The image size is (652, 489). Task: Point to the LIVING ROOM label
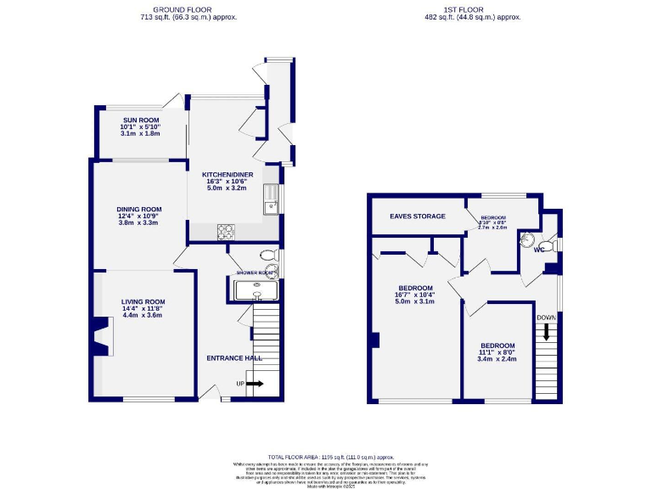tap(143, 301)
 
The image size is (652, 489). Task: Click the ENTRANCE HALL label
tap(231, 358)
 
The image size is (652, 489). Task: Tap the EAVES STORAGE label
tap(418, 216)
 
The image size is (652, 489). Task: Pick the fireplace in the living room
tap(100, 336)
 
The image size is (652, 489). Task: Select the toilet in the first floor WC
tap(529, 239)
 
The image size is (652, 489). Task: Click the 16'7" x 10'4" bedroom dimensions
tap(416, 294)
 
